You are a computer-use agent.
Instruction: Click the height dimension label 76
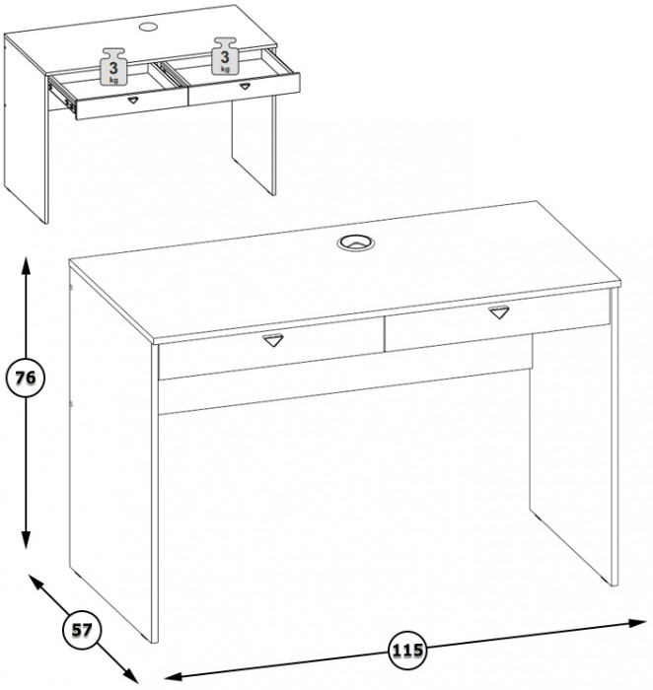pyautogui.click(x=26, y=378)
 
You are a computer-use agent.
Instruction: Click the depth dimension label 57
pyautogui.click(x=82, y=630)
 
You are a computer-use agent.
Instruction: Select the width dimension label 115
pyautogui.click(x=407, y=651)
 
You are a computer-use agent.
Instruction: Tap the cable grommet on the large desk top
pyautogui.click(x=356, y=242)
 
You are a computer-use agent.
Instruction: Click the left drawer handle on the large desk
pyautogui.click(x=272, y=340)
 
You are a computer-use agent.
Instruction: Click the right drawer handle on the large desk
pyautogui.click(x=499, y=311)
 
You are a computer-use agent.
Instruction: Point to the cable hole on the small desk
pyautogui.click(x=148, y=27)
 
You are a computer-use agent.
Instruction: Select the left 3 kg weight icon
pyautogui.click(x=114, y=66)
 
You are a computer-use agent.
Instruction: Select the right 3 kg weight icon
pyautogui.click(x=225, y=56)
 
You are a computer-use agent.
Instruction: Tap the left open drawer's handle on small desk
pyautogui.click(x=133, y=100)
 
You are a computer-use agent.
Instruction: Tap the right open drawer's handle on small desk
pyautogui.click(x=245, y=86)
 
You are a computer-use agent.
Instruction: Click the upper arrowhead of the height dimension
pyautogui.click(x=26, y=266)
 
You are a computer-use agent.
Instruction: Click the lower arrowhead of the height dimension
pyautogui.click(x=26, y=539)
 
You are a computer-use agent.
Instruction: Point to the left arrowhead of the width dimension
pyautogui.click(x=173, y=676)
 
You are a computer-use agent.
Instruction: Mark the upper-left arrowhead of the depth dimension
pyautogui.click(x=36, y=583)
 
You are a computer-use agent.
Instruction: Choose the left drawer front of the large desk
pyautogui.click(x=271, y=348)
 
